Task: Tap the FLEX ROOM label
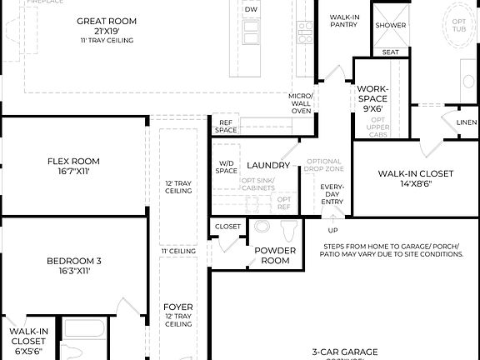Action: [73, 161]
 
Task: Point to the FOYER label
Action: [178, 307]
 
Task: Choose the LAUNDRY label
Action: [267, 165]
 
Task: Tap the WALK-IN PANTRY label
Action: [343, 20]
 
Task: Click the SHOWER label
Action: [390, 25]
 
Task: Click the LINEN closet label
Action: [466, 122]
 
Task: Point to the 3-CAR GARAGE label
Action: [345, 352]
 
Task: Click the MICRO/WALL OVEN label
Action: [301, 103]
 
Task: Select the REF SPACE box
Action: [226, 127]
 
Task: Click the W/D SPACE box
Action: [227, 167]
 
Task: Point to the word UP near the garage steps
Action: [332, 230]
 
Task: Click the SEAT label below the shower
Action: [390, 52]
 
